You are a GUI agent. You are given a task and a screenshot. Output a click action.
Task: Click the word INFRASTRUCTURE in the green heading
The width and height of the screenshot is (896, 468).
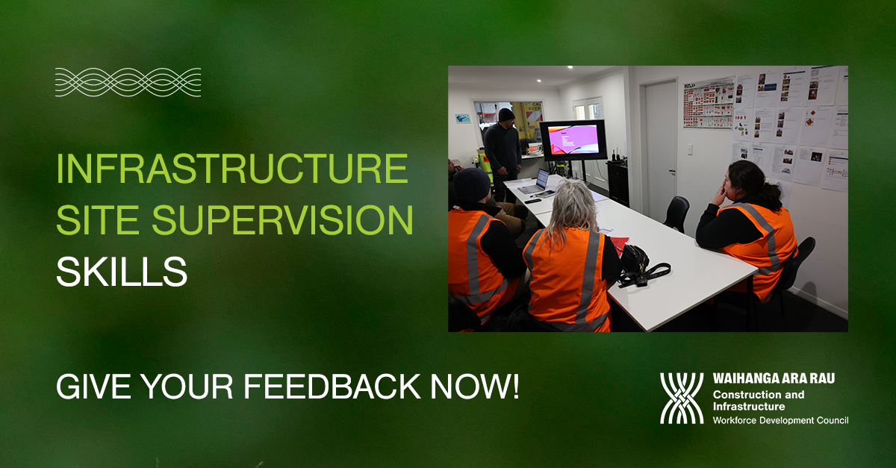pyautogui.click(x=232, y=170)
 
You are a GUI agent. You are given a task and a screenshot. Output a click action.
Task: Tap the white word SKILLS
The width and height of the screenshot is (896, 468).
pyautogui.click(x=121, y=274)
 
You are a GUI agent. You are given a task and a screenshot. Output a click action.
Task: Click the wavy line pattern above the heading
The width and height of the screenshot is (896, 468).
pyautogui.click(x=128, y=82)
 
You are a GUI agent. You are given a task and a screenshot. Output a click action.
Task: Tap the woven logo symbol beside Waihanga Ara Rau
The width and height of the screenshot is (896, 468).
pyautogui.click(x=682, y=399)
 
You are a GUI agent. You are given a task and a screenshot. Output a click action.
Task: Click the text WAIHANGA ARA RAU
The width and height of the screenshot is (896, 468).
pyautogui.click(x=774, y=378)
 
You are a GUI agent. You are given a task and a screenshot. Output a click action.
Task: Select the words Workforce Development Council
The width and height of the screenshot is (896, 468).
pyautogui.click(x=780, y=420)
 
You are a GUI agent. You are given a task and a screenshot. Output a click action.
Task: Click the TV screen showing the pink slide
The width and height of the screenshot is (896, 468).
pyautogui.click(x=573, y=140)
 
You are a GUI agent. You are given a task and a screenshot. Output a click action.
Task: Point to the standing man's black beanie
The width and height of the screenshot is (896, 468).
pyautogui.click(x=506, y=114)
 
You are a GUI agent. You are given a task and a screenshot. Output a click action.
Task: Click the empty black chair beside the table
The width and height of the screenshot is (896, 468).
pyautogui.click(x=676, y=213)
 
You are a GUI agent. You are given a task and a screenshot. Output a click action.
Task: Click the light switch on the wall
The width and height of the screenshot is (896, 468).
pyautogui.click(x=688, y=149)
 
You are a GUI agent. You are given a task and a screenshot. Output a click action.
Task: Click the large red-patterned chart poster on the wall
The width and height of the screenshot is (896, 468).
pyautogui.click(x=708, y=103)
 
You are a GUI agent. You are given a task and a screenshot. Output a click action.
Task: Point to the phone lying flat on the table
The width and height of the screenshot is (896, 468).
pyautogui.click(x=532, y=201)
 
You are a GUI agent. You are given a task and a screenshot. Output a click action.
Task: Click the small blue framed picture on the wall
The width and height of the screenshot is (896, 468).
pyautogui.click(x=463, y=118)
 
